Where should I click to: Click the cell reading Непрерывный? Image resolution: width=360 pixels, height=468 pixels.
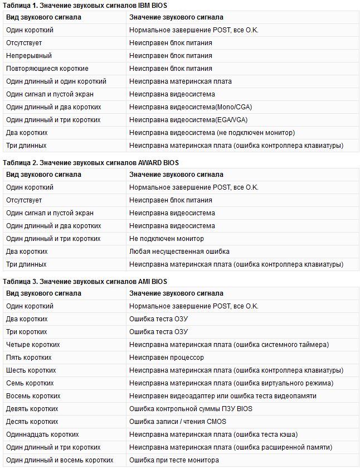pyautogui.click(x=29, y=56)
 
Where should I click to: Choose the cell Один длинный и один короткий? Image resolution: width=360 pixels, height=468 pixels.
pyautogui.click(x=56, y=81)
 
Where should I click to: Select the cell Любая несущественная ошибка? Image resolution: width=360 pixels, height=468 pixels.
pyautogui.click(x=179, y=252)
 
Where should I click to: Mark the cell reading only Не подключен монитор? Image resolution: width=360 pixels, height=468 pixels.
pyautogui.click(x=167, y=239)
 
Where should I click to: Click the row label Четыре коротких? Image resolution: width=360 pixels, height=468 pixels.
pyautogui.click(x=33, y=345)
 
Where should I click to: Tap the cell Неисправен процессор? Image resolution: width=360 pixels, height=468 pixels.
pyautogui.click(x=167, y=358)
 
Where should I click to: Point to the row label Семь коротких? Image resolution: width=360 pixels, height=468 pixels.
pyautogui.click(x=30, y=383)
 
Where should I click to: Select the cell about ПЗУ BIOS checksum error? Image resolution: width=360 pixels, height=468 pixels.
pyautogui.click(x=191, y=409)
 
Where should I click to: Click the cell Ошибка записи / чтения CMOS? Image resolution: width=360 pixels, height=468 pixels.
pyautogui.click(x=178, y=422)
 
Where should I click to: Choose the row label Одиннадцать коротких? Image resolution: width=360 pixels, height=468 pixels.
pyautogui.click(x=42, y=435)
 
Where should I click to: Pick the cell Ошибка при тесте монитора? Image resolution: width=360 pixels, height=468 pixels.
pyautogui.click(x=174, y=460)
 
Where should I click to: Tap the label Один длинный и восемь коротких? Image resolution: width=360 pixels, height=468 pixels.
pyautogui.click(x=60, y=460)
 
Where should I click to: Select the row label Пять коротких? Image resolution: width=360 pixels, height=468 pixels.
pyautogui.click(x=28, y=358)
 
